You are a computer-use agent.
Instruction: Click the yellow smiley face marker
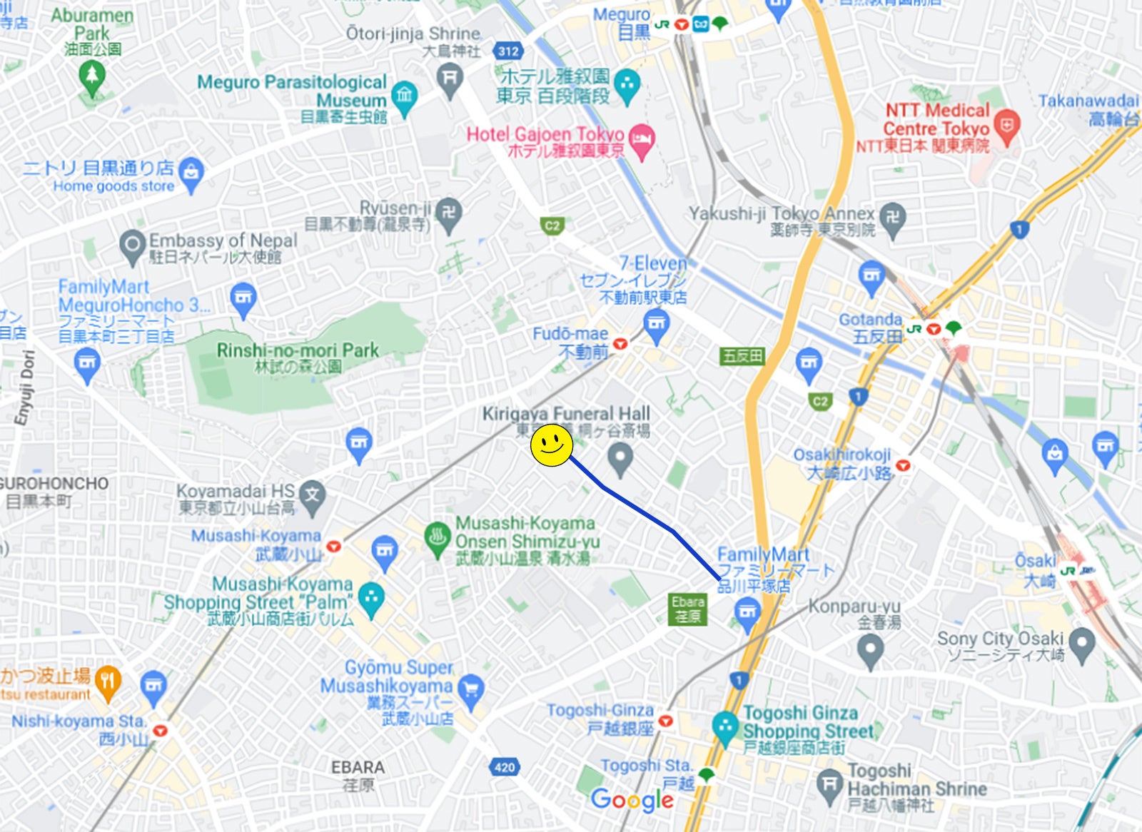pos(551,446)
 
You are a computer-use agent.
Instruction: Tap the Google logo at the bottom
pos(632,800)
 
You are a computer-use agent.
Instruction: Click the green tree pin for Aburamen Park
pos(91,76)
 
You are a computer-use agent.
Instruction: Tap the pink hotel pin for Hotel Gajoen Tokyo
pos(642,141)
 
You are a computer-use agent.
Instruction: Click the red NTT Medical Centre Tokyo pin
pos(1006,126)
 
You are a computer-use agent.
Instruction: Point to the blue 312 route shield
pos(508,51)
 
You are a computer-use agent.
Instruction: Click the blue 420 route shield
pos(505,767)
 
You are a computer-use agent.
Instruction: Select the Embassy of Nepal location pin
pos(133,246)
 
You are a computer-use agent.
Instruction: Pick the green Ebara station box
pos(688,609)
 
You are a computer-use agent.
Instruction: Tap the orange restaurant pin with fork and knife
pos(108,681)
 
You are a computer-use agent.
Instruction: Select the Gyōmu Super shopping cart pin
pos(471,689)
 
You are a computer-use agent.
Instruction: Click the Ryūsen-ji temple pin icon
pos(449,213)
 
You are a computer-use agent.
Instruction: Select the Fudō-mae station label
pos(571,342)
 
